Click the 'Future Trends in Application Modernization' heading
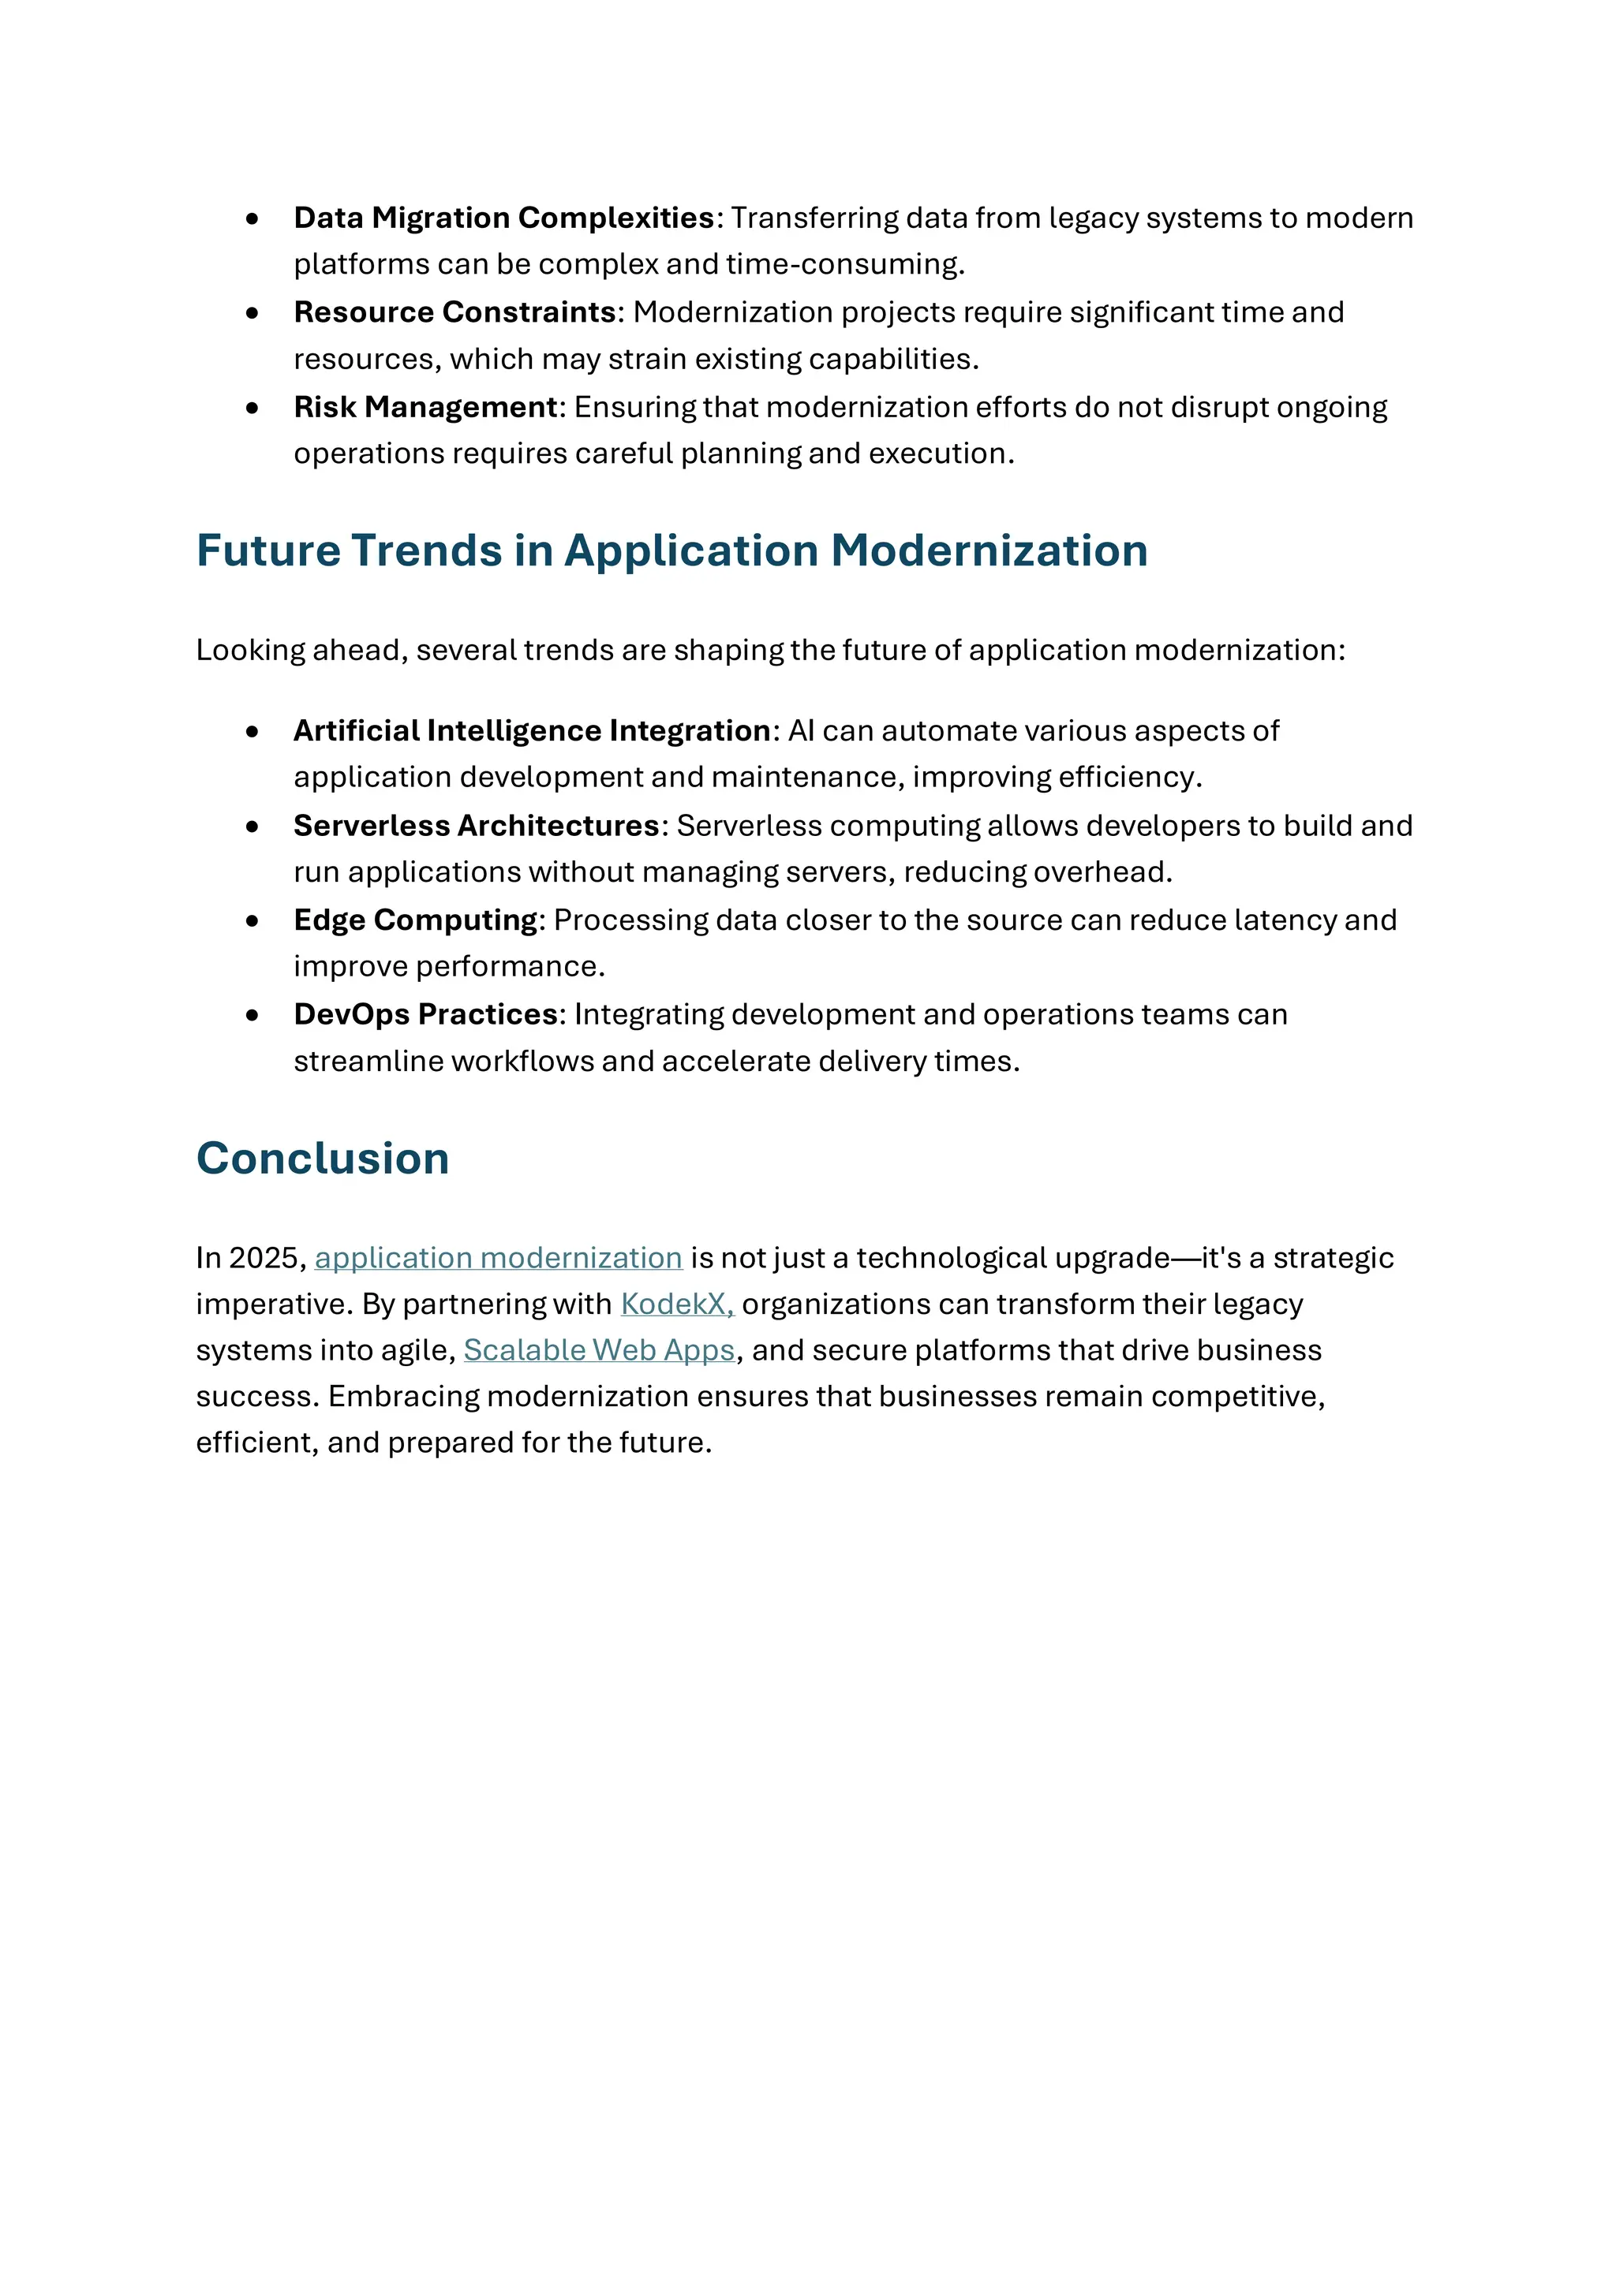(x=671, y=551)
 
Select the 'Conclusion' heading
(x=323, y=1159)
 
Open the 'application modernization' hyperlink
(x=498, y=1259)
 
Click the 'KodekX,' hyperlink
(x=677, y=1304)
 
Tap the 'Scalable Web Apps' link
(x=599, y=1351)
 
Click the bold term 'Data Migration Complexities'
(x=503, y=218)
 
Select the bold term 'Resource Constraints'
(x=454, y=312)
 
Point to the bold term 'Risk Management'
(x=425, y=407)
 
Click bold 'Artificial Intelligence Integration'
(x=531, y=731)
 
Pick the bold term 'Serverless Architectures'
(x=476, y=826)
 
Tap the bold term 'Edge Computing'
(x=415, y=920)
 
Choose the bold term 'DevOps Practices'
(x=425, y=1015)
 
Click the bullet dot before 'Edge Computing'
(x=252, y=921)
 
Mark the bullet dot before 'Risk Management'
(x=252, y=408)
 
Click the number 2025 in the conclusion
(x=263, y=1259)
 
